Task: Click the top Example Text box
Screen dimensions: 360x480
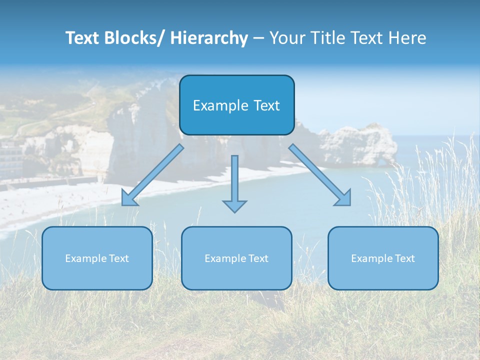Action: pos(236,105)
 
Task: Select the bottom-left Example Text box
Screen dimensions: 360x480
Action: pos(97,258)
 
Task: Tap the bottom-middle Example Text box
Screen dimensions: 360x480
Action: pos(236,258)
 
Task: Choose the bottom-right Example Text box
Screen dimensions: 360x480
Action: pos(383,258)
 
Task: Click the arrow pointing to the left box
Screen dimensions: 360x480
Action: pos(152,175)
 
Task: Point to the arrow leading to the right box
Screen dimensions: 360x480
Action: pos(320,175)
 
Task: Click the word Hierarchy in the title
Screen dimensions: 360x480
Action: pos(209,38)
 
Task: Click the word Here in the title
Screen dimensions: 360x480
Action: pos(407,38)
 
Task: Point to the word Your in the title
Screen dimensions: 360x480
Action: pos(286,38)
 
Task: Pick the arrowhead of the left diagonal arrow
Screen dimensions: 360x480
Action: pos(128,199)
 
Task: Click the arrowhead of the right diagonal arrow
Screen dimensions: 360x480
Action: pos(344,198)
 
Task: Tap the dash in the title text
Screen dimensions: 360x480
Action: pos(259,38)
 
